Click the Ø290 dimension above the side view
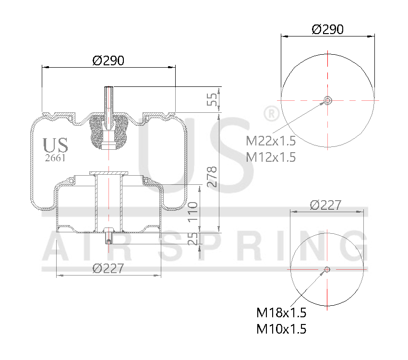pyautogui.click(x=108, y=61)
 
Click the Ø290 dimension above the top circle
pyautogui.click(x=327, y=29)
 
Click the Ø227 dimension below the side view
pyautogui.click(x=108, y=268)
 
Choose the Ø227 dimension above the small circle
pyautogui.click(x=325, y=205)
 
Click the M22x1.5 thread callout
pyautogui.click(x=271, y=141)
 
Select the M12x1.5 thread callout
pyautogui.click(x=271, y=156)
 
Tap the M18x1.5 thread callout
pyautogui.click(x=281, y=313)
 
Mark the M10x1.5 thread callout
pyautogui.click(x=281, y=329)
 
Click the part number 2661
pyautogui.click(x=55, y=157)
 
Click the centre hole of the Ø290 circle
pyautogui.click(x=327, y=100)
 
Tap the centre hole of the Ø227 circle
pyautogui.click(x=327, y=269)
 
